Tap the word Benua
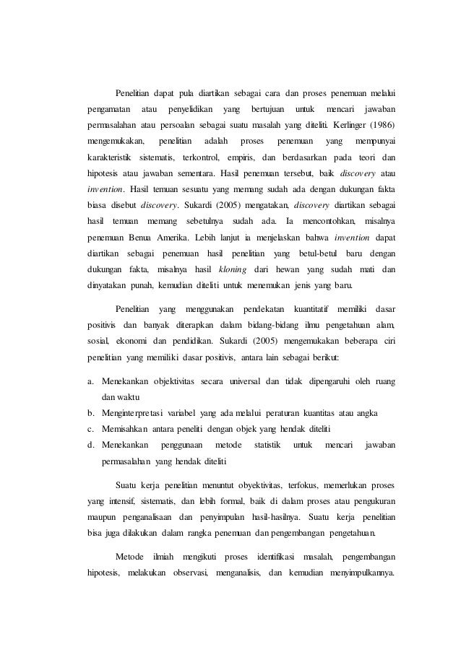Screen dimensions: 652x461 pos(145,235)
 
